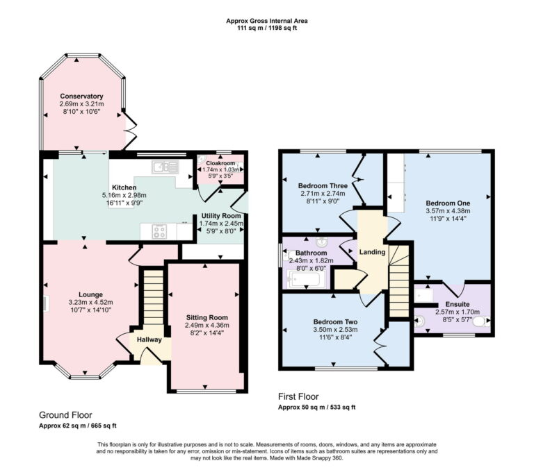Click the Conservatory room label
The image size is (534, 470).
click(x=81, y=96)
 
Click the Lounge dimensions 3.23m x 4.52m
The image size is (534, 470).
click(x=90, y=302)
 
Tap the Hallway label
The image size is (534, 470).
click(x=149, y=339)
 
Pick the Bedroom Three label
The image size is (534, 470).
click(x=323, y=186)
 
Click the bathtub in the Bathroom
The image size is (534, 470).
click(x=304, y=280)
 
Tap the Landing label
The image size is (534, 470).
click(x=372, y=251)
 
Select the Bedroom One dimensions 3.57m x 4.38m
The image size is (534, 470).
click(x=448, y=211)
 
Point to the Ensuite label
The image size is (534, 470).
click(x=458, y=304)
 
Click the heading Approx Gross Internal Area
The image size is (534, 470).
click(x=267, y=21)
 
